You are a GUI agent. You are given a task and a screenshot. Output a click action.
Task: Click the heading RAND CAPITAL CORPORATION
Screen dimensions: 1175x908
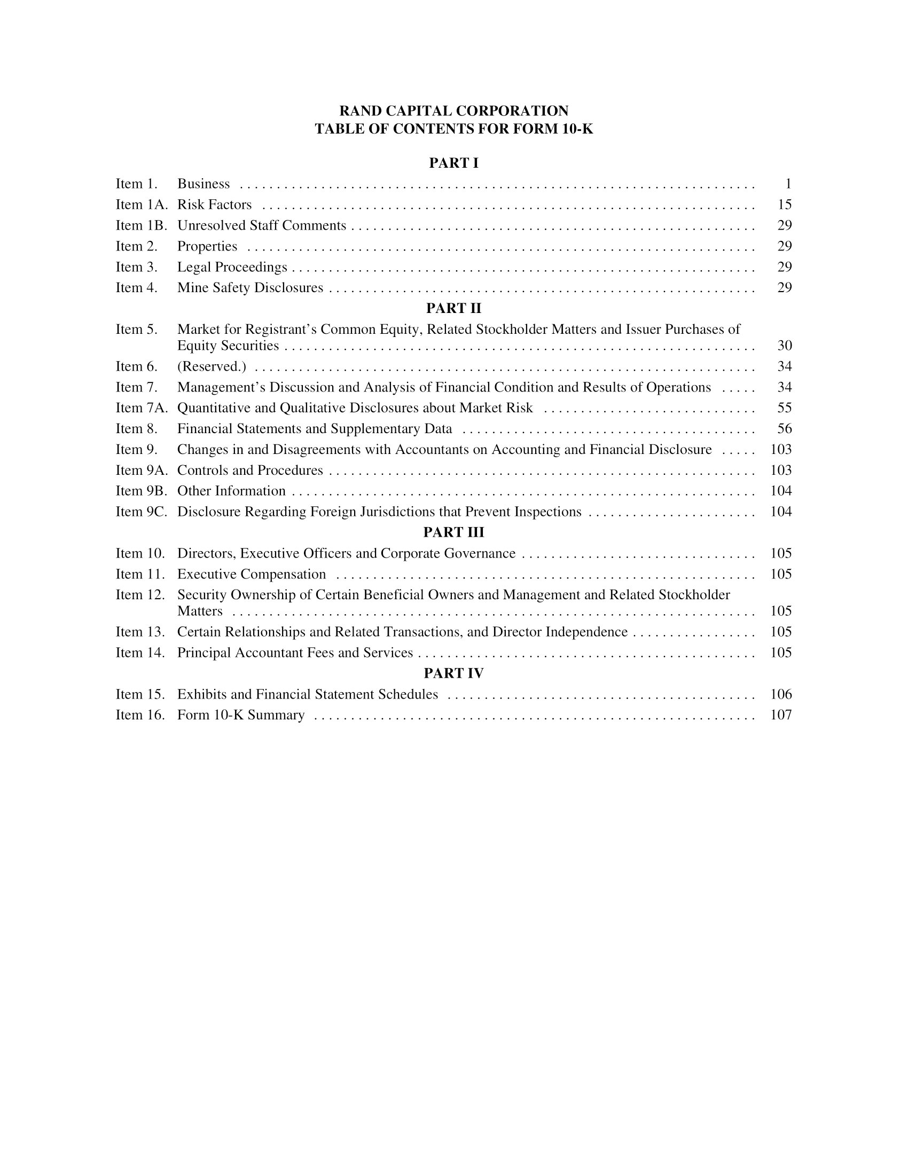coord(453,111)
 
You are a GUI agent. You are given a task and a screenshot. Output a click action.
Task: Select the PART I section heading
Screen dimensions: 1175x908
coord(453,163)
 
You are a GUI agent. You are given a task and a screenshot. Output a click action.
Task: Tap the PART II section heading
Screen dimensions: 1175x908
coord(453,308)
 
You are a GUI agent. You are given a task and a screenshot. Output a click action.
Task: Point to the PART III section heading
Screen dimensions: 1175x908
coord(453,532)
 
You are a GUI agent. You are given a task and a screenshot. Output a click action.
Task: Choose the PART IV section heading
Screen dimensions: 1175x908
coord(453,673)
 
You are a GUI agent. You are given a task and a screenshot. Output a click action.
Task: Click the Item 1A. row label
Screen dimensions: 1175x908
coord(142,205)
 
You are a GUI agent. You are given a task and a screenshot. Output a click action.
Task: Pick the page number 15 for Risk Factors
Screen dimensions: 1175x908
coord(784,205)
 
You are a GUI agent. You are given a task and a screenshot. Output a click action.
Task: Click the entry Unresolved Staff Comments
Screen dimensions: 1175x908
coord(261,225)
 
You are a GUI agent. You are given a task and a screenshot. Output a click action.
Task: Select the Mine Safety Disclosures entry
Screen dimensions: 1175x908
coord(250,288)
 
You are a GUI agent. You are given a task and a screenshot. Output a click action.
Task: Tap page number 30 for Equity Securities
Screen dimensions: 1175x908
coord(784,346)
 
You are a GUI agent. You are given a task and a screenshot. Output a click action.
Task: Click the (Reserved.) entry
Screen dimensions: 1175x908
coord(212,366)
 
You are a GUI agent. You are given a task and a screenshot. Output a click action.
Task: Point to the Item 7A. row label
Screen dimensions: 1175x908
coord(142,408)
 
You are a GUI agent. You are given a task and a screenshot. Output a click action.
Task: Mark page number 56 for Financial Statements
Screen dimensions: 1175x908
coord(784,429)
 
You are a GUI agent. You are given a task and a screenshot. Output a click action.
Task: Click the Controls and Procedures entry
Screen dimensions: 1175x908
coord(250,470)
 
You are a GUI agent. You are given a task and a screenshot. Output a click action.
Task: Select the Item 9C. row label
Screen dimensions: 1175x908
coord(142,512)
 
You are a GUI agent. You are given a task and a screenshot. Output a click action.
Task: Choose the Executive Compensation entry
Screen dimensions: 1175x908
coord(251,574)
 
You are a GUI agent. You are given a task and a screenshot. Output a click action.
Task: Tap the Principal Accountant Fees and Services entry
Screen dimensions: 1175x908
coord(295,653)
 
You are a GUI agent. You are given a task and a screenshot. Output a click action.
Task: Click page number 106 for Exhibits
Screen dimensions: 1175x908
coord(781,694)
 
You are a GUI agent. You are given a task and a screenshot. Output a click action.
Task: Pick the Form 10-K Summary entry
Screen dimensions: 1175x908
coord(241,715)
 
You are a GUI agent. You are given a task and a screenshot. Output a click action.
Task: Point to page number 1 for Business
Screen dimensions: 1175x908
coord(788,184)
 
